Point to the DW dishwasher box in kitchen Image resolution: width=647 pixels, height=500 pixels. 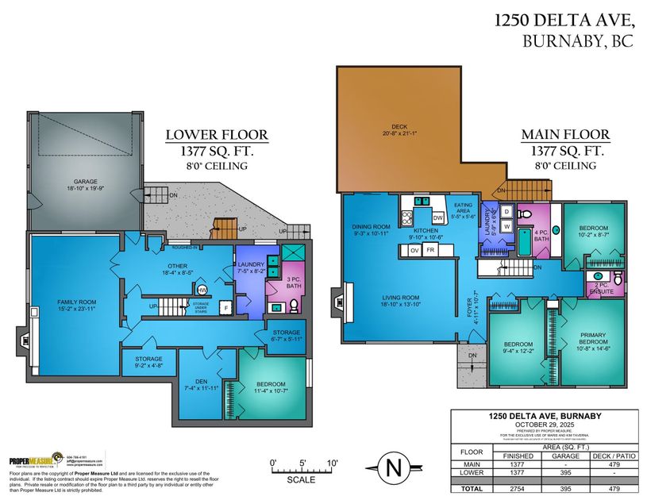coord(437,217)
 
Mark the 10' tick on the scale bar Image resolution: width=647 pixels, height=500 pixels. coord(331,462)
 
